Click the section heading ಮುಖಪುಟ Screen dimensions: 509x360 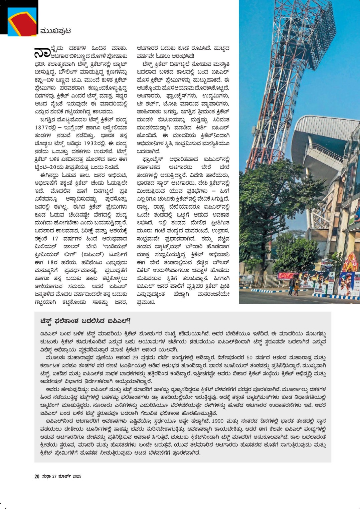click(x=55, y=31)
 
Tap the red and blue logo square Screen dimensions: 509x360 click(x=22, y=22)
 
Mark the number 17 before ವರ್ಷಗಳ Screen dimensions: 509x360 click(x=55, y=239)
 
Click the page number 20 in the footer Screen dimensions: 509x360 click(x=37, y=476)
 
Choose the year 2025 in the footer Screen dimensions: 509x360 click(x=77, y=476)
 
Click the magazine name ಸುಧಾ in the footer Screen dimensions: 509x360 click(x=46, y=476)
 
